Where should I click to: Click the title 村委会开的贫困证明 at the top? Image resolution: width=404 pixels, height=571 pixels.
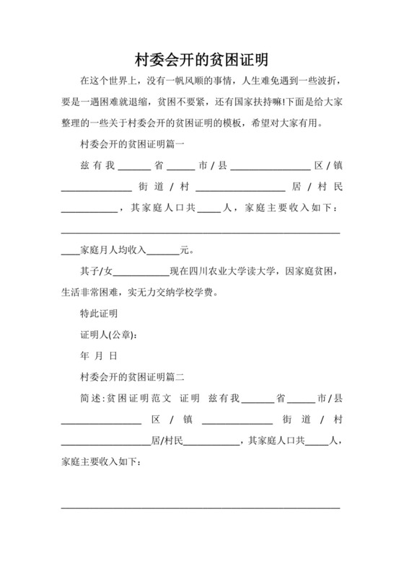coord(201,58)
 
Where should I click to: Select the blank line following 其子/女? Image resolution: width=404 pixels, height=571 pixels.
coord(141,273)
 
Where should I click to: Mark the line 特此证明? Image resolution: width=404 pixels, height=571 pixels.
coord(99,314)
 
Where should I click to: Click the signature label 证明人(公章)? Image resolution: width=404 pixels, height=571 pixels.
coord(109,335)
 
